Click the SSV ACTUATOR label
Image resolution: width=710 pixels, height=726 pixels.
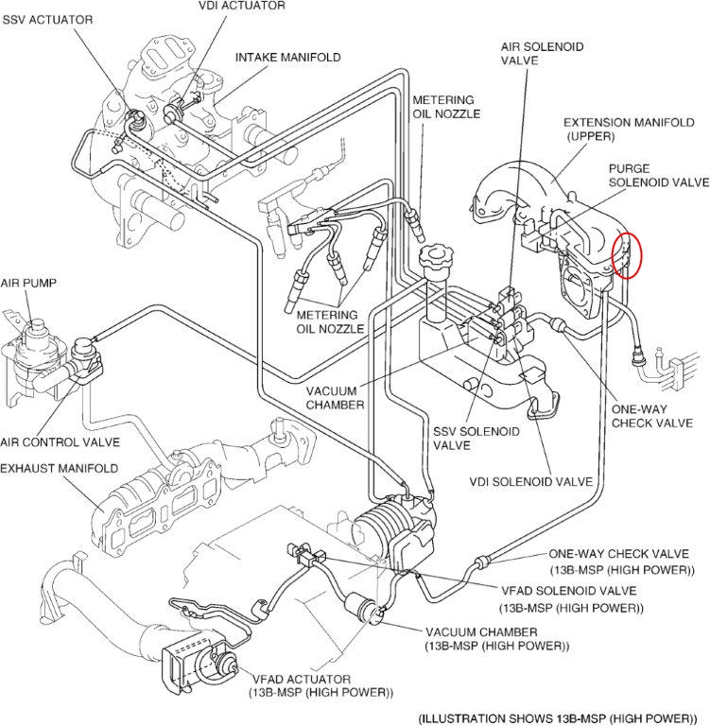(46, 20)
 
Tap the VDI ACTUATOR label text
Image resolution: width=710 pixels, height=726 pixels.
(241, 7)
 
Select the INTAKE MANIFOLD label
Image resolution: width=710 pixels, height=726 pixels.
(287, 58)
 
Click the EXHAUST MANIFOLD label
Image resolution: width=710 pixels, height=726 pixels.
(59, 468)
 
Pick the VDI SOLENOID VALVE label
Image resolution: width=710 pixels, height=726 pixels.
(530, 481)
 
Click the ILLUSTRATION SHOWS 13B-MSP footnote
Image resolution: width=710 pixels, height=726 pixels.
(563, 717)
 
